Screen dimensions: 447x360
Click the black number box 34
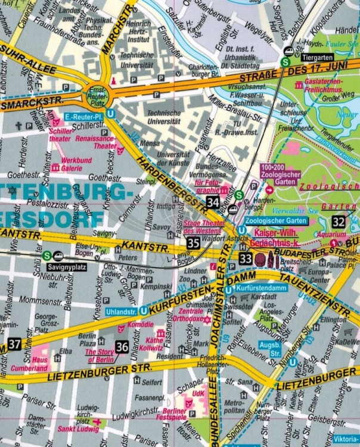(212, 202)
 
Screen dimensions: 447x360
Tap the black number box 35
(193, 242)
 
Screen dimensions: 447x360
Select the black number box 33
(246, 258)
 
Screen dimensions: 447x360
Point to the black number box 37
(14, 344)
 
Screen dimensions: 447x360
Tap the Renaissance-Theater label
(97, 141)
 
